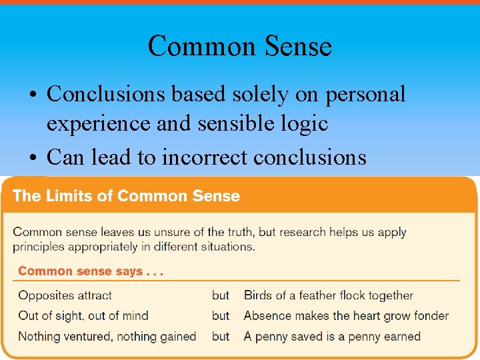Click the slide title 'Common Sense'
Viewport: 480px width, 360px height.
[x=239, y=47]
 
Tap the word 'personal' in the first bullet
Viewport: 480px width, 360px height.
[x=365, y=95]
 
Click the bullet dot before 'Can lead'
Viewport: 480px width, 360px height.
[x=33, y=158]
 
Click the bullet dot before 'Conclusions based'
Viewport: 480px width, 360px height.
[x=33, y=95]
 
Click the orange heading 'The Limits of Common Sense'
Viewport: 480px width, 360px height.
[x=126, y=196]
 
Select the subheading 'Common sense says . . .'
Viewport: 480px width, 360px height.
[x=91, y=271]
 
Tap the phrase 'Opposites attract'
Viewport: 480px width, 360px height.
[x=65, y=295]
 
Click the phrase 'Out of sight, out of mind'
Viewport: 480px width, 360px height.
[x=83, y=315]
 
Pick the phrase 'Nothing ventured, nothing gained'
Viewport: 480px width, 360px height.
[x=107, y=336]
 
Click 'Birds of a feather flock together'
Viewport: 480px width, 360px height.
[x=328, y=295]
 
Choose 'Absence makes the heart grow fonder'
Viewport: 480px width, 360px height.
[x=346, y=315]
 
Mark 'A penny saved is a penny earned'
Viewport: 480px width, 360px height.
[x=332, y=336]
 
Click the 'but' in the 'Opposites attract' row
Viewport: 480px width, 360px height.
[x=221, y=295]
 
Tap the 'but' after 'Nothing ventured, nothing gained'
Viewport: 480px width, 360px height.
[x=221, y=336]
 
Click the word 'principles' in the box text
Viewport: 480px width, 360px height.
[x=37, y=247]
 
